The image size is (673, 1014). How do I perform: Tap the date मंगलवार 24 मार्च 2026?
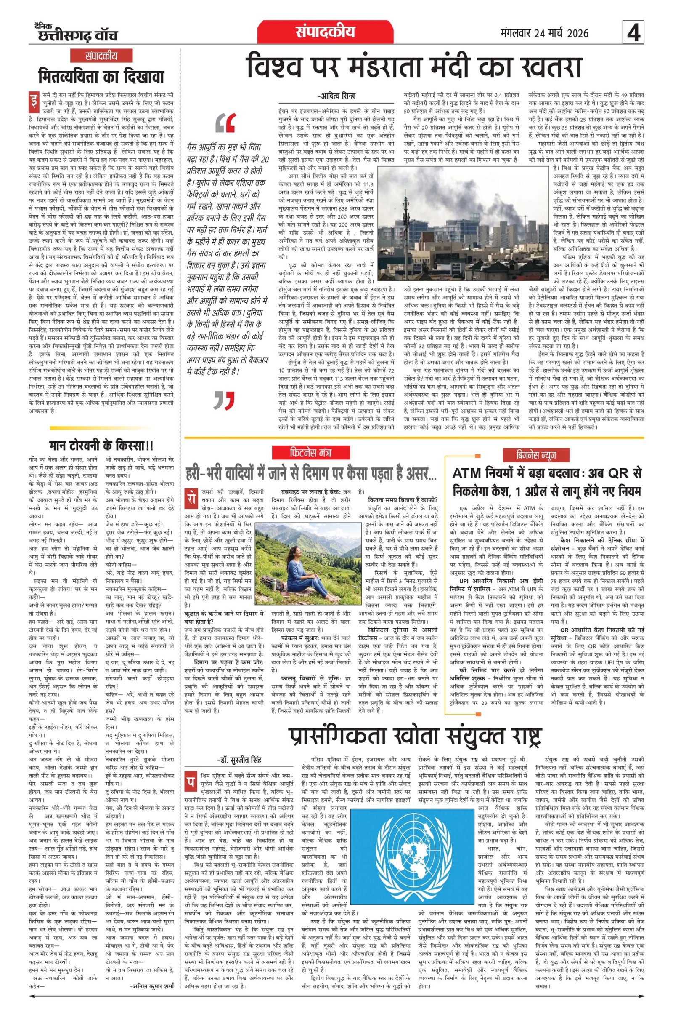point(544,33)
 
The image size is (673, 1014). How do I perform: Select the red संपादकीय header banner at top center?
point(326,32)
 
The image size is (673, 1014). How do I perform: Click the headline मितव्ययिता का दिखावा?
point(101,77)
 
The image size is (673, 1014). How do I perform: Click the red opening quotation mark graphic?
point(226,123)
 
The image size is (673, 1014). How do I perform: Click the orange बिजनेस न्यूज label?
point(537,455)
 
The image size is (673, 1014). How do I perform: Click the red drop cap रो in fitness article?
point(189,496)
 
